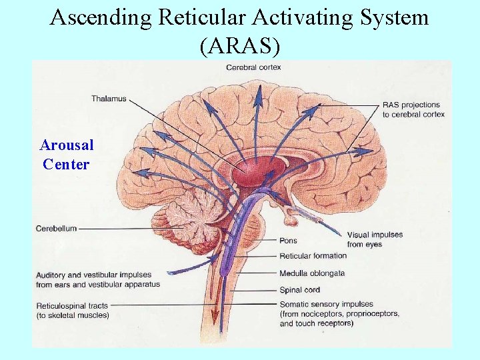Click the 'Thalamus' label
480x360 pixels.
[109, 99]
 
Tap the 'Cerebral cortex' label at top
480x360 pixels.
[253, 67]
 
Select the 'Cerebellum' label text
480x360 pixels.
[56, 229]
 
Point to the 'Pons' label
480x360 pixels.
[288, 241]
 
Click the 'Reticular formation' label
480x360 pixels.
[313, 255]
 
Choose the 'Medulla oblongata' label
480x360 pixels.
[311, 273]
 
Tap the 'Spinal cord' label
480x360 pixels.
[299, 289]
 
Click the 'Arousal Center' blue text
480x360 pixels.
[66, 155]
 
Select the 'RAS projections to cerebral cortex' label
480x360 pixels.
[413, 109]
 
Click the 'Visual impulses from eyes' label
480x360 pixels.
[375, 239]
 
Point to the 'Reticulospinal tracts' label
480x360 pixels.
[73, 310]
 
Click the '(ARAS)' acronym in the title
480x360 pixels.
[239, 45]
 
